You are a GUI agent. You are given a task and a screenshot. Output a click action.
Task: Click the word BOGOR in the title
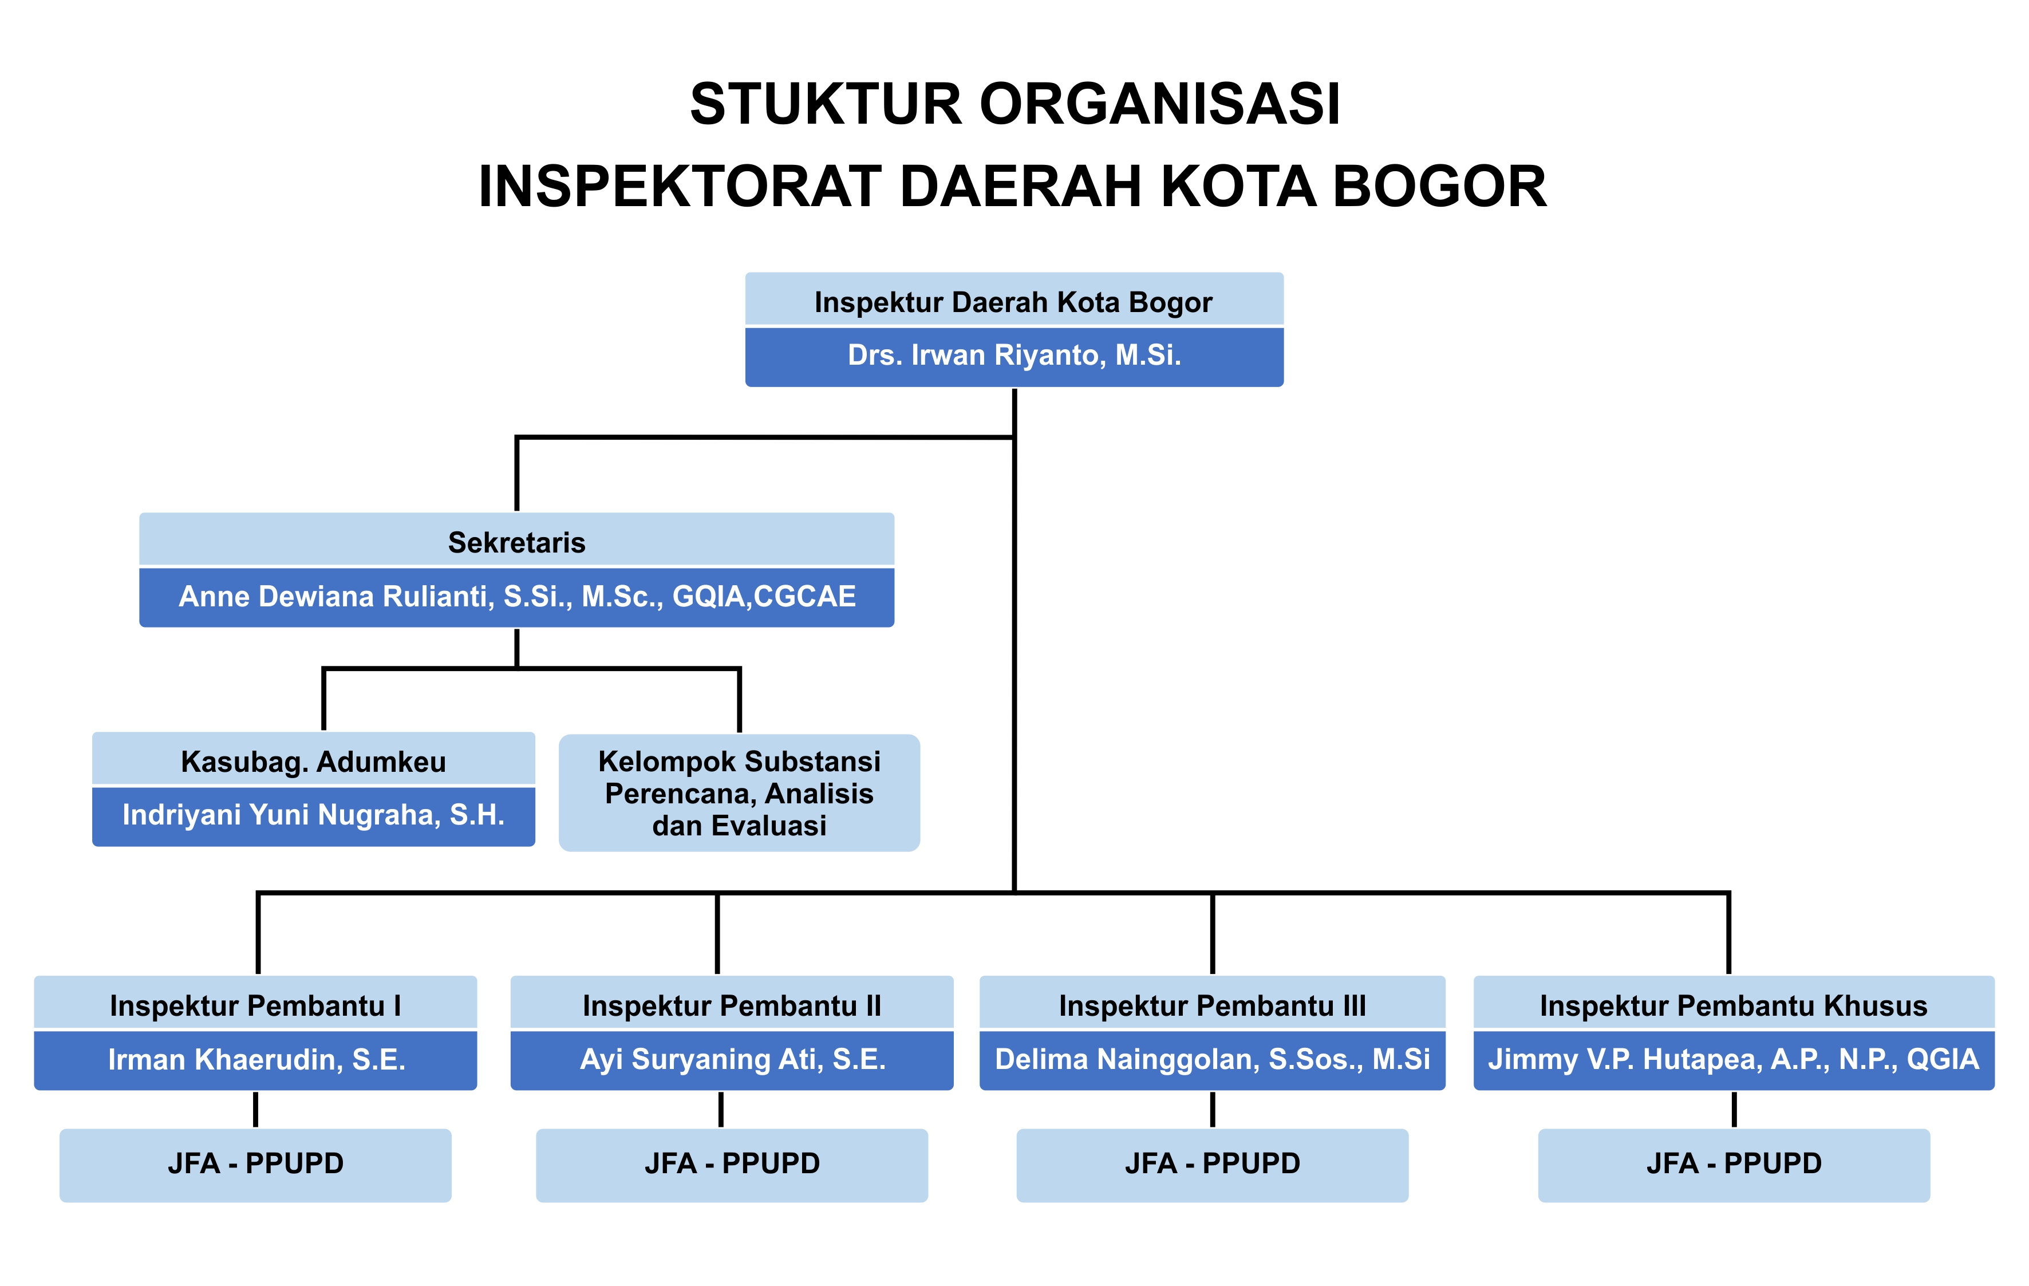click(1439, 186)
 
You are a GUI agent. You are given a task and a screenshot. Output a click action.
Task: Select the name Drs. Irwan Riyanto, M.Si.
click(1014, 356)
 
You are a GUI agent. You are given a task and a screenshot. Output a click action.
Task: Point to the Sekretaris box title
click(516, 542)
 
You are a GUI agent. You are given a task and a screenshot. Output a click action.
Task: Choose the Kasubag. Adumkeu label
click(313, 761)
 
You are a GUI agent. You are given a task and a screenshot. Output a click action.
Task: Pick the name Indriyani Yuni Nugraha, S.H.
click(313, 815)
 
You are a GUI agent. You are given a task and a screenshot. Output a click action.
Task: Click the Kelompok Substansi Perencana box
click(739, 793)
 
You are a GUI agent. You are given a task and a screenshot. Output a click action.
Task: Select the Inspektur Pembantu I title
click(255, 1005)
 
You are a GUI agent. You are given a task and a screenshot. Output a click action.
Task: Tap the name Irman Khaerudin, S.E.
click(255, 1059)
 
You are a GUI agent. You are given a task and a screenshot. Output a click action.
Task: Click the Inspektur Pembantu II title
click(731, 1005)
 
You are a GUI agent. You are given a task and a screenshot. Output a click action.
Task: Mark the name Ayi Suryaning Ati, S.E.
click(731, 1059)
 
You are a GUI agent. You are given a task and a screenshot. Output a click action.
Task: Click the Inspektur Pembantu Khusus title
click(1733, 1005)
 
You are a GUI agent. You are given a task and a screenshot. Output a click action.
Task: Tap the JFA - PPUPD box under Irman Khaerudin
click(255, 1164)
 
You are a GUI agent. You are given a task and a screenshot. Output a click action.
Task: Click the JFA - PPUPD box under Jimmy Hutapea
click(1733, 1164)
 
